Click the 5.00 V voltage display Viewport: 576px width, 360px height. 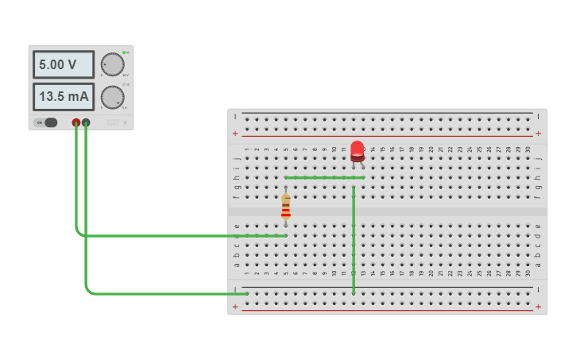[x=63, y=65]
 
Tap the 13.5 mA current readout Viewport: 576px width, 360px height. [x=63, y=97]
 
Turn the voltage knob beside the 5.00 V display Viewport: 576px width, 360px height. [x=113, y=64]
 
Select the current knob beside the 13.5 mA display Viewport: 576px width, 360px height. [x=113, y=97]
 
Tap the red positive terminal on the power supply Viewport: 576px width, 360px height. [x=76, y=122]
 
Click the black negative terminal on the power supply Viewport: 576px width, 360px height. [x=86, y=122]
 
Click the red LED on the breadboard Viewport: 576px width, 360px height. [x=358, y=149]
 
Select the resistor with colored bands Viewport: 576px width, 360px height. [x=286, y=207]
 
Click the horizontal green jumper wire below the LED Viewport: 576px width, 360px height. [x=324, y=177]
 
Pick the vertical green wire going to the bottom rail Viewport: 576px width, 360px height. [x=354, y=238]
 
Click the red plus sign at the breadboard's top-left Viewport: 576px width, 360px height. [x=235, y=134]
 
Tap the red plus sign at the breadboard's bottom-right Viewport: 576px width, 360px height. [x=538, y=307]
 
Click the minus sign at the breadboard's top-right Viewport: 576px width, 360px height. [x=538, y=116]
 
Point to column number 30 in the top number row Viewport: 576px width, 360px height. [x=528, y=149]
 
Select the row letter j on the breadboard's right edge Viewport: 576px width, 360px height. [x=539, y=158]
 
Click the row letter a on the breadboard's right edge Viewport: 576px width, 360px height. [x=539, y=265]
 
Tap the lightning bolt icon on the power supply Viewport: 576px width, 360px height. [x=125, y=122]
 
